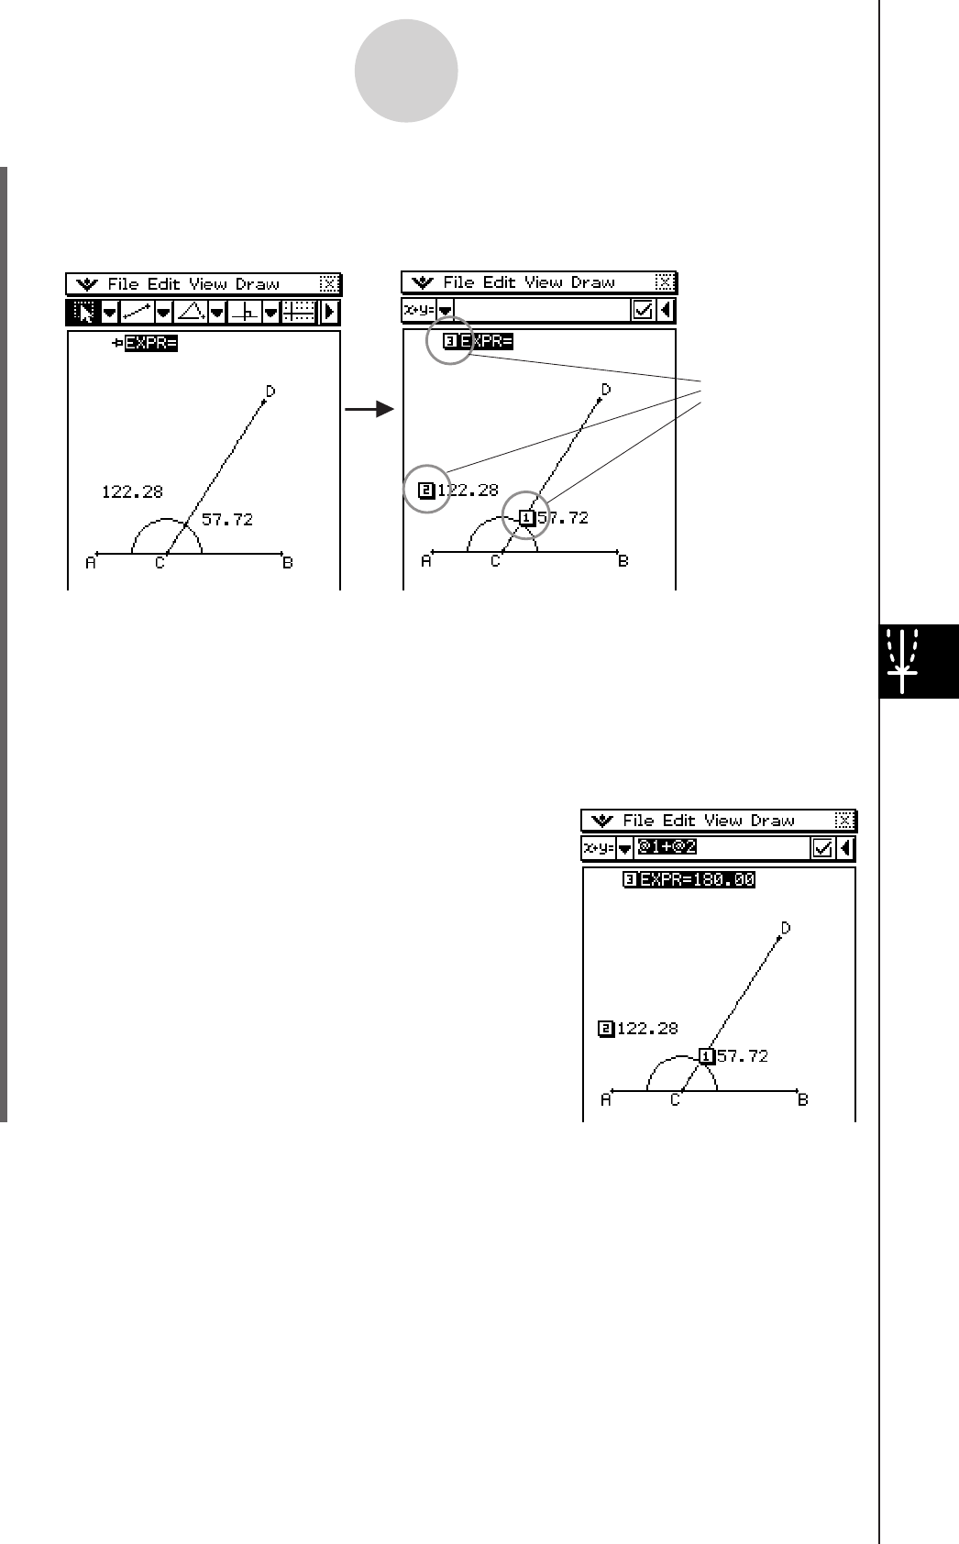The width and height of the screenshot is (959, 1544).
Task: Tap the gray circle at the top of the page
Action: point(406,72)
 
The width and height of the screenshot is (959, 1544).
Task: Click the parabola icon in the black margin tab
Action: point(904,661)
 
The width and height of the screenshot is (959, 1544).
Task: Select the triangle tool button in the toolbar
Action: point(191,313)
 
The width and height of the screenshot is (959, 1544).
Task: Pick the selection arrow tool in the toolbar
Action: point(83,313)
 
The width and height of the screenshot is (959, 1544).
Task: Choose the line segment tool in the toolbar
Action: point(137,313)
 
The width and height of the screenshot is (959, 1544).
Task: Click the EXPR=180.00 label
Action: point(697,880)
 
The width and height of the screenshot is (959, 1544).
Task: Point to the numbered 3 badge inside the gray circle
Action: point(449,343)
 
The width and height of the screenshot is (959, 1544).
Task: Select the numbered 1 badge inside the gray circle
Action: point(526,518)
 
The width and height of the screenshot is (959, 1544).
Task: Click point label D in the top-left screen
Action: point(270,392)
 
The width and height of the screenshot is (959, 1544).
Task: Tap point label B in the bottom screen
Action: point(803,1099)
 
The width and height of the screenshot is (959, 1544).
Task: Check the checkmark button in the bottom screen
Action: point(822,849)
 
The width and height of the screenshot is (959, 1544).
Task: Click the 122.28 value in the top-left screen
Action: point(132,492)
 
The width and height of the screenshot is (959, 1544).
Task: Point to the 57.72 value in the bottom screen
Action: point(743,1056)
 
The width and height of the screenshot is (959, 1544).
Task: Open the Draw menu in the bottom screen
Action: point(772,821)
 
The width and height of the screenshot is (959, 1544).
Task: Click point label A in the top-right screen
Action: point(426,561)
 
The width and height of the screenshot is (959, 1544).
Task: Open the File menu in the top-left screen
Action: point(122,284)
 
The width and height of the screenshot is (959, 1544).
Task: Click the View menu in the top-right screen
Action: point(544,282)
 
